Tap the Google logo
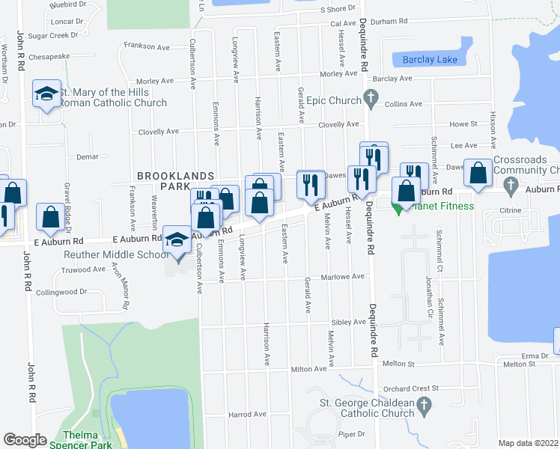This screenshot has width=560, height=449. coord(25,440)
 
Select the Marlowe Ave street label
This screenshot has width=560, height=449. coord(346,276)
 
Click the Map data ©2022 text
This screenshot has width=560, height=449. coord(529,443)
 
